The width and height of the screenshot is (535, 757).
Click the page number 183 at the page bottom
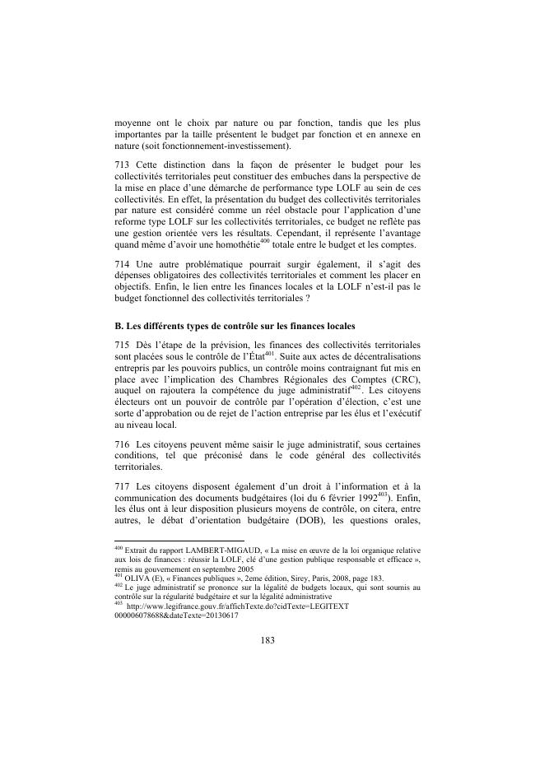[267, 639]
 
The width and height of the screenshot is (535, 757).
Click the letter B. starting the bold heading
[119, 326]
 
